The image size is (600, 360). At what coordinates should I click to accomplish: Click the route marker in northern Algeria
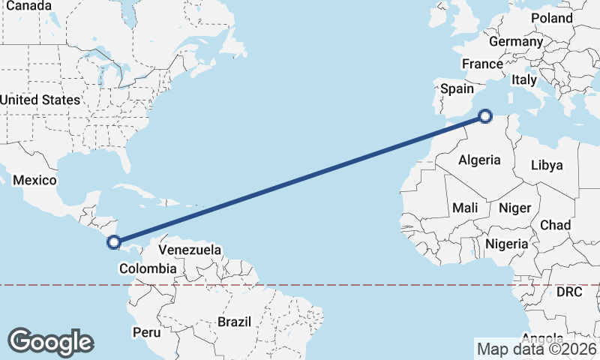tap(485, 116)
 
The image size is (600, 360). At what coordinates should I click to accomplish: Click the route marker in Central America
tap(114, 241)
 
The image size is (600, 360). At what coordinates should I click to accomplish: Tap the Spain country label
tap(457, 88)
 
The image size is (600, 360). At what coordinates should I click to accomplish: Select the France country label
tap(481, 64)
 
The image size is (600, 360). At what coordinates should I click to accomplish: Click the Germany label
tap(515, 41)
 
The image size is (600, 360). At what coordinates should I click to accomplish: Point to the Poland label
tap(551, 18)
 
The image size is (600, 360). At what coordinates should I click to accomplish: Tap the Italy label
tap(524, 79)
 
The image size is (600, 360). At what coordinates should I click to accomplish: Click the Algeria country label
tap(479, 160)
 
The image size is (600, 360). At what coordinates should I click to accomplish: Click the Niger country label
tap(514, 208)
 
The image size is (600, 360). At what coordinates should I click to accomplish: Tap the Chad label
tap(555, 225)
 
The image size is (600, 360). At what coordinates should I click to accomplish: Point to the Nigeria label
tap(507, 244)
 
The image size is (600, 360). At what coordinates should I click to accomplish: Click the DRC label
tap(569, 291)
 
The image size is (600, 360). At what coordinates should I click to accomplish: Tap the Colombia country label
tap(148, 268)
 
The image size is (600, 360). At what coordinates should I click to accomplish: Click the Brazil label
tap(233, 322)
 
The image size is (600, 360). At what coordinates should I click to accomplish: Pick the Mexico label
tap(34, 181)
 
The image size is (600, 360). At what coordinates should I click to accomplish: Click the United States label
tap(40, 100)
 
